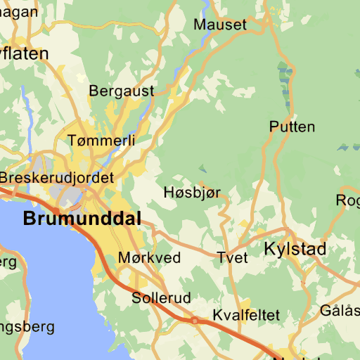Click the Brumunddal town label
point(82,218)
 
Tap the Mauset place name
point(220,25)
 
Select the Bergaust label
point(121,91)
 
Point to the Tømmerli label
point(102,141)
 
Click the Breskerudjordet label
point(57,178)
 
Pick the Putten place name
point(292,127)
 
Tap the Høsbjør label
point(192,192)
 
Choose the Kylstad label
point(295,249)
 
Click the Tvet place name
point(232,258)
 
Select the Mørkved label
point(149,258)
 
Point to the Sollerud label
point(161,298)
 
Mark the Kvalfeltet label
point(246,314)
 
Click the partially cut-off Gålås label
point(340,310)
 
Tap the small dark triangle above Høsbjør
point(202,169)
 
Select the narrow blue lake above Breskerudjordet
point(28,105)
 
